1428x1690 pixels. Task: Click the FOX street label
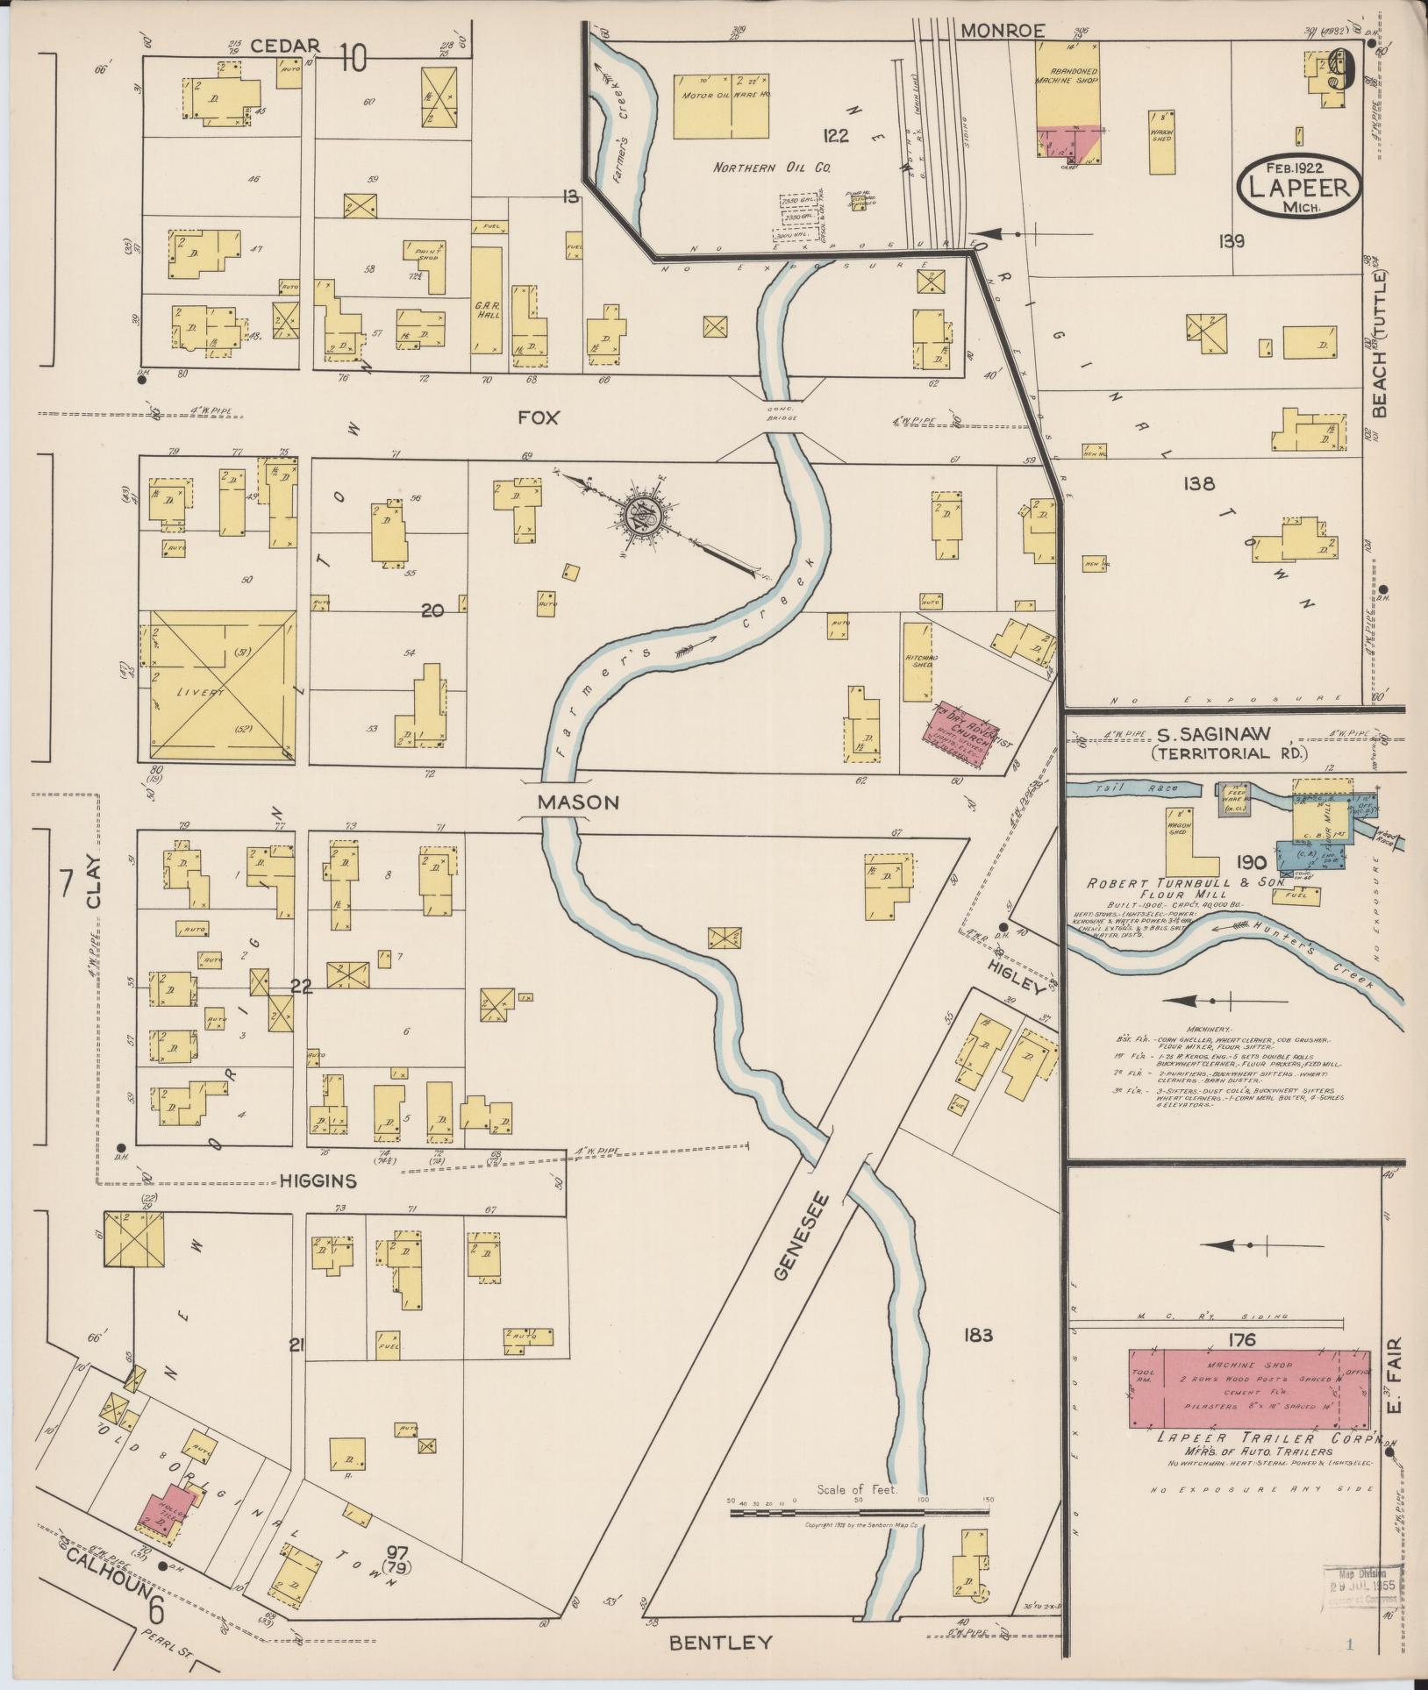pyautogui.click(x=538, y=418)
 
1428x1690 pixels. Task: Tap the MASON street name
pyautogui.click(x=579, y=802)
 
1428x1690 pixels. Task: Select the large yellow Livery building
pyautogui.click(x=222, y=686)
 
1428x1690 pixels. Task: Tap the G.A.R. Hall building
pyautogui.click(x=487, y=298)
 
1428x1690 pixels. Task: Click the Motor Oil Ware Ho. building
pyautogui.click(x=721, y=106)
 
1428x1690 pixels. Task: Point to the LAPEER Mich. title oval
pyautogui.click(x=1300, y=187)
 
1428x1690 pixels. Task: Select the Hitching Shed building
pyautogui.click(x=918, y=662)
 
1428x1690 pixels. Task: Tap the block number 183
pyautogui.click(x=977, y=1359)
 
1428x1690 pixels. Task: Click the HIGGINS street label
pyautogui.click(x=318, y=1181)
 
